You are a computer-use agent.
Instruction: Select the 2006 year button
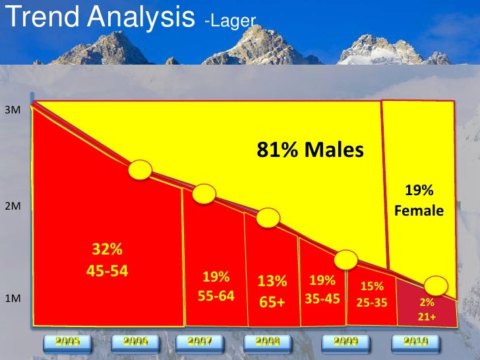tap(135, 342)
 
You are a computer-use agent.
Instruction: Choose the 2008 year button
tap(268, 342)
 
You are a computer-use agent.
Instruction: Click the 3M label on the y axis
tap(12, 110)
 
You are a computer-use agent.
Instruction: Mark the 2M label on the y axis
tap(12, 206)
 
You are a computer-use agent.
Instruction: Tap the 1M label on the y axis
tap(12, 299)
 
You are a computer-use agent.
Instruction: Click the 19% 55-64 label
tap(216, 286)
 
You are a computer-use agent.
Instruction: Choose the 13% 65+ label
tap(272, 290)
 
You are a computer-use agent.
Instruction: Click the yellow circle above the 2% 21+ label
tap(437, 286)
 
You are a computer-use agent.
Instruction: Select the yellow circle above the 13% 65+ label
tap(268, 218)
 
